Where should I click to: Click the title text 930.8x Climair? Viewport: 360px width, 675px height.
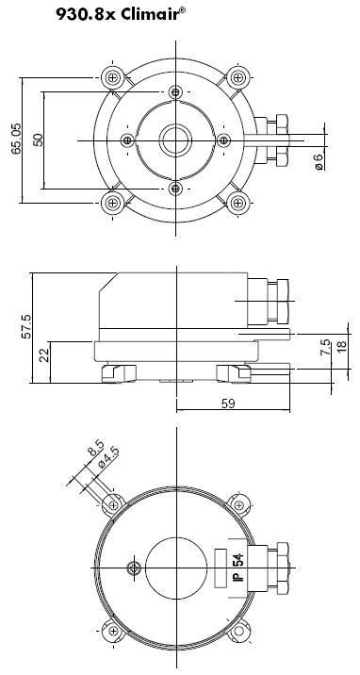pyautogui.click(x=121, y=14)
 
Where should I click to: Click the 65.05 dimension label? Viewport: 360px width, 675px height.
pyautogui.click(x=16, y=139)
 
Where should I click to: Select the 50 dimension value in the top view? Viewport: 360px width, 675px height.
pyautogui.click(x=39, y=140)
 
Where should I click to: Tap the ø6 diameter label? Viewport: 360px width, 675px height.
pyautogui.click(x=319, y=161)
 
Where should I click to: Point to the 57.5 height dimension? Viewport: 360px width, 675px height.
pyautogui.click(x=25, y=326)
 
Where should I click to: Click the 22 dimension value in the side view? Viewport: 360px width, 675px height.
pyautogui.click(x=44, y=354)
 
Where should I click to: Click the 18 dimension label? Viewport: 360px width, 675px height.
pyautogui.click(x=342, y=347)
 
